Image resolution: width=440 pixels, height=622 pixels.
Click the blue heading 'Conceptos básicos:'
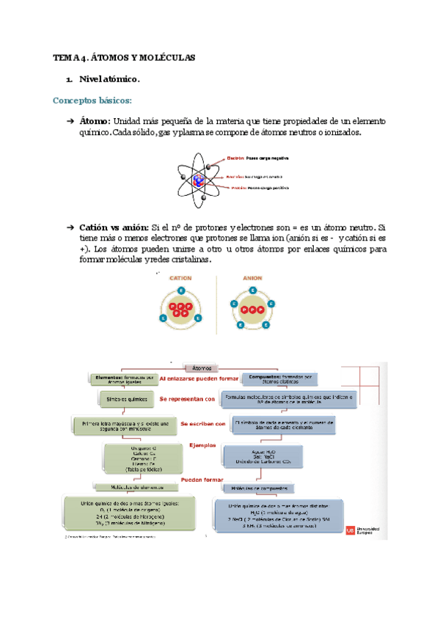(93, 100)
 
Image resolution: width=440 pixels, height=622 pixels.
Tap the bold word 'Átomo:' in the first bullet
(95, 120)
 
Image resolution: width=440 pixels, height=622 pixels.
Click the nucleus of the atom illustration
(200, 177)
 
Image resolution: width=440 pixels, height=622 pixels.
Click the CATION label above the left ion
(180, 278)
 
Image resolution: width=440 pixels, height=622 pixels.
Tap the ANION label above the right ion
(253, 278)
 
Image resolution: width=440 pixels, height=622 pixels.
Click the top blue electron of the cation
(181, 291)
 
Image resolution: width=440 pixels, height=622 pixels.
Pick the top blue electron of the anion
(253, 291)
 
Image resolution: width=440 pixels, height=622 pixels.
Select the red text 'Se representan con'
(187, 399)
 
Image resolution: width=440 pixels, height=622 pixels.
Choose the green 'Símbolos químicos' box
(119, 399)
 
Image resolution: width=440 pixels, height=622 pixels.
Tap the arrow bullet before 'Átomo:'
(70, 120)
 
